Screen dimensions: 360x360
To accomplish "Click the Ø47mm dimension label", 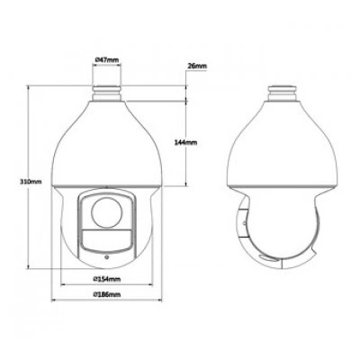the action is tap(107, 59).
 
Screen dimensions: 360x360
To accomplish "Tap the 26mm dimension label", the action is tap(197, 66).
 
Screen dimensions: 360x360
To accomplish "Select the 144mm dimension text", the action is tap(185, 142).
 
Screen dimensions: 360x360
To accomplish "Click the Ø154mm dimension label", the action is tap(107, 279).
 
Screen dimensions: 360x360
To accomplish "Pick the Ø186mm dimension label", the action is tap(107, 294).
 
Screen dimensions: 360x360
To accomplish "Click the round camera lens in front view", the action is tap(107, 212).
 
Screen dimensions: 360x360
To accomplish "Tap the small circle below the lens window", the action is tap(106, 256).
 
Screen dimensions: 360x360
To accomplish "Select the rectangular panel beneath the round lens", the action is tap(107, 240).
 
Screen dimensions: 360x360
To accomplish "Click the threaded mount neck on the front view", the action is tap(107, 94).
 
